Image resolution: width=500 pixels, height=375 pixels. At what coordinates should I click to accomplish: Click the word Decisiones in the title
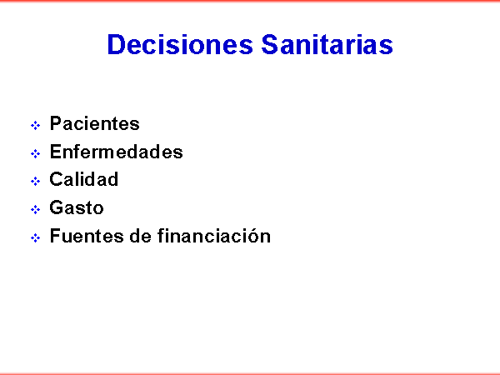[180, 44]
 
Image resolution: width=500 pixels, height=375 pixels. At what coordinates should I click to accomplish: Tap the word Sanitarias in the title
[327, 44]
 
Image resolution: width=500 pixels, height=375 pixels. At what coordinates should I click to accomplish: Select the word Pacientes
[95, 123]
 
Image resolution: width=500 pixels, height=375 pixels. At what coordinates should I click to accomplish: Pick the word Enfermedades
[117, 152]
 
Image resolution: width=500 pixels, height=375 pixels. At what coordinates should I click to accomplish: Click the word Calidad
[84, 179]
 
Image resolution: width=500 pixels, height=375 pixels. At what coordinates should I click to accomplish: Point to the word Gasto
[77, 207]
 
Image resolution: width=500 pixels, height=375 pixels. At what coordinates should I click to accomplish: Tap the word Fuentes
[87, 236]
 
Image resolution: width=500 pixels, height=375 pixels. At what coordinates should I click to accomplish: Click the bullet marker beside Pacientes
[35, 125]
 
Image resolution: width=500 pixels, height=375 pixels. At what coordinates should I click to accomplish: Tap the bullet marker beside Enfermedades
[35, 153]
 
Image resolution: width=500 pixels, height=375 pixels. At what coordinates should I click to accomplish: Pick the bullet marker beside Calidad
[35, 181]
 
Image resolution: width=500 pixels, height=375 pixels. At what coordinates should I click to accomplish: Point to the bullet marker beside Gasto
[35, 209]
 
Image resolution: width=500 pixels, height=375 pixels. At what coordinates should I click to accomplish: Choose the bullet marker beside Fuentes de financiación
[35, 237]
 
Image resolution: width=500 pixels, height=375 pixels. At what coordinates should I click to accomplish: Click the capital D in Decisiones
[117, 44]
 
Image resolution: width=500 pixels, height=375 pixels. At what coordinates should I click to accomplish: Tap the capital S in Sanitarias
[271, 44]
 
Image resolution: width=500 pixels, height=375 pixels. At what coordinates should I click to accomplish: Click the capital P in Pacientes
[56, 123]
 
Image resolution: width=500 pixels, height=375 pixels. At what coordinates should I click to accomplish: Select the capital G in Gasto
[57, 207]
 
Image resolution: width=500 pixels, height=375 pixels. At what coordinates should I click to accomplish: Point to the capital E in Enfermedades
[56, 152]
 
